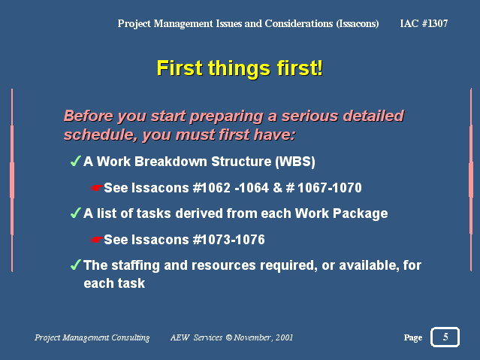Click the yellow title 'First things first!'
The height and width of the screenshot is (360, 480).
coord(240,68)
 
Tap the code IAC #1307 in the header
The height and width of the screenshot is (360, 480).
coord(424,23)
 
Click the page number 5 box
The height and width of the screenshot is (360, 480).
coord(445,337)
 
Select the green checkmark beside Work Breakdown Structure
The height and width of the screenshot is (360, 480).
coord(76,161)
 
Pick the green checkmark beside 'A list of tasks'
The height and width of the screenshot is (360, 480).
coord(76,213)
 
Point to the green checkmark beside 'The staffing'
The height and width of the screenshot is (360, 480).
coord(76,265)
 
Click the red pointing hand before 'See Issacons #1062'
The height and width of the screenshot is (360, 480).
coord(96,188)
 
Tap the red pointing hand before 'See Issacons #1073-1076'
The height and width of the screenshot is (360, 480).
coord(96,240)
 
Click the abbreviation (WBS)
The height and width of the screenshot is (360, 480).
coord(295,162)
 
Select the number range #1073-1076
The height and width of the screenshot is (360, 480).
coord(229,240)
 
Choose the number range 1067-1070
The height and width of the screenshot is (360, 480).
coord(329,188)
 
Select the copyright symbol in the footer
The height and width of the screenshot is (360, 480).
coord(228,337)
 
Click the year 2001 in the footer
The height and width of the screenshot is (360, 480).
coord(284,337)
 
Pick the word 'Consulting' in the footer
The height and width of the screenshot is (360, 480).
coord(131,337)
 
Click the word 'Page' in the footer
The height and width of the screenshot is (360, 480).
coord(413,337)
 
